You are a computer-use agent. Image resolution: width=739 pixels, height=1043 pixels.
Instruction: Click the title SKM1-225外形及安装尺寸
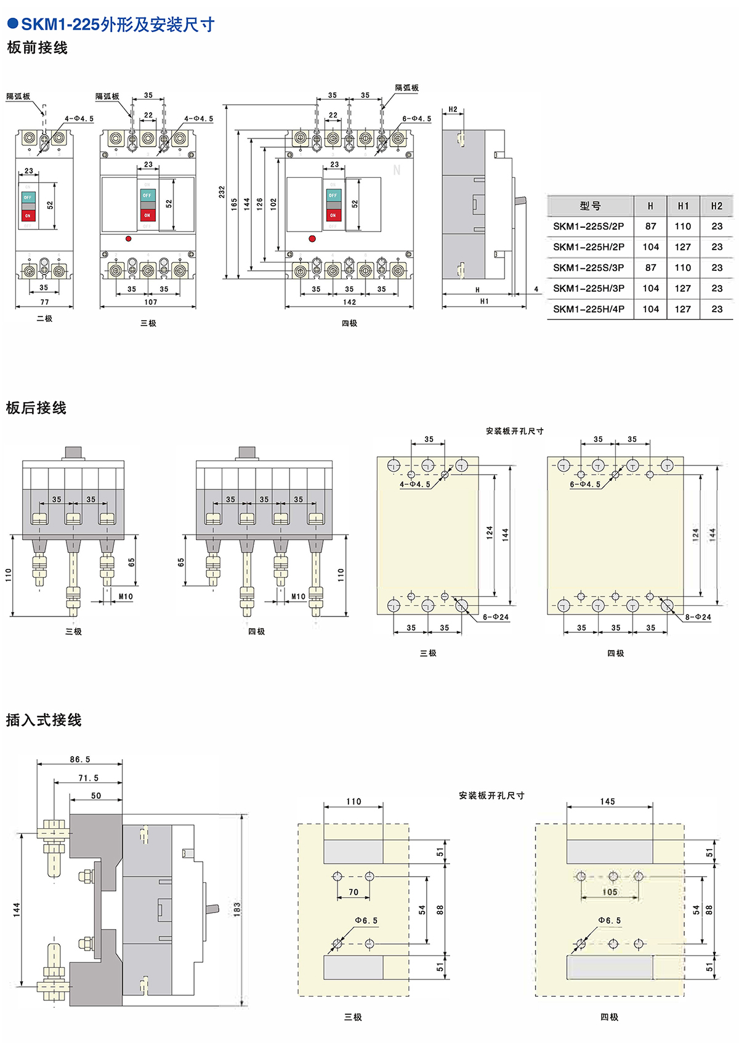coord(117,25)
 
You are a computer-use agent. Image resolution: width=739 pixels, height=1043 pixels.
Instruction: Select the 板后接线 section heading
coord(36,408)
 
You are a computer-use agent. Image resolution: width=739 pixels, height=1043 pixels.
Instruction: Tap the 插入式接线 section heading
coord(44,720)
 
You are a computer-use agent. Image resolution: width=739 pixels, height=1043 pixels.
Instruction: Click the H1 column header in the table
coord(683,206)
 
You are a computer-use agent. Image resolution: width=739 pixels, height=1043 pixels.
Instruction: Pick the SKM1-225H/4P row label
coord(588,309)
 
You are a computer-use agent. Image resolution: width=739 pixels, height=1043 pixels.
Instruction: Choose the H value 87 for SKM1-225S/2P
coord(650,227)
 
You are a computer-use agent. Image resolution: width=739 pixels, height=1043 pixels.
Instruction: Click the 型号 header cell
coord(589,206)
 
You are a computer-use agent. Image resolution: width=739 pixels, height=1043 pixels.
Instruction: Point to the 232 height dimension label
coord(222,192)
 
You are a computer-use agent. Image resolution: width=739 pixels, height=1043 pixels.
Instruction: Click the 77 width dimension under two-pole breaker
coord(44,302)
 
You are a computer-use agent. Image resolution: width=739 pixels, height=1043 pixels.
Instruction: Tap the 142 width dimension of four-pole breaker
coord(349,302)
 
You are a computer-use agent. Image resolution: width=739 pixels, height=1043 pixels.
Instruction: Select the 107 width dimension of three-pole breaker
coord(150,302)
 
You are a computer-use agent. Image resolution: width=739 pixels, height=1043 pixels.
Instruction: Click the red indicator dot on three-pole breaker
coord(129,238)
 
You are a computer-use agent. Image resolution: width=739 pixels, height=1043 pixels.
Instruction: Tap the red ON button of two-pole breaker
coord(28,215)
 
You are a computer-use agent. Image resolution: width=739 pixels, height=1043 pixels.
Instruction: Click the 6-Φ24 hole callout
coord(495,617)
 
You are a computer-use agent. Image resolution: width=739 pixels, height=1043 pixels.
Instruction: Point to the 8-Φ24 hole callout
coord(698,617)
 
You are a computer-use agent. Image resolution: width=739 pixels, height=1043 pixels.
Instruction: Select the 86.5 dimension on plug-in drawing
coord(80,760)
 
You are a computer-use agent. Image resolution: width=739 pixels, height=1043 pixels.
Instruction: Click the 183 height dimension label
coord(237,910)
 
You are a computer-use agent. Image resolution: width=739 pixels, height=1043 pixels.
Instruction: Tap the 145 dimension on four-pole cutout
coord(607,802)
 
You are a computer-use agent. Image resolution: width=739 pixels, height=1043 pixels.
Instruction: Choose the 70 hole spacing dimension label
coord(353,892)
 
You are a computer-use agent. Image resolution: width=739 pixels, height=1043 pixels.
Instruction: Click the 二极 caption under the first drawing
coord(44,319)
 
